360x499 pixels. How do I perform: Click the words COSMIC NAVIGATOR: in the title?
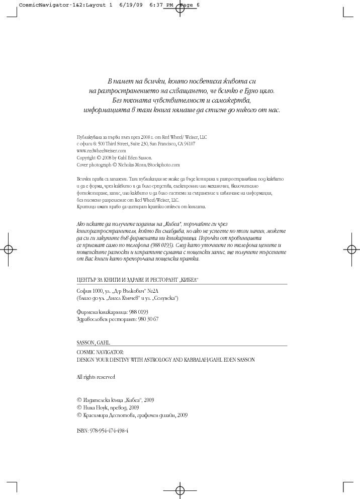pos(100,353)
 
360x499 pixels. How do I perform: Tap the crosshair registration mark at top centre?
pos(180,9)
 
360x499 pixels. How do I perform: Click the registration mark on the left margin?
pos(9,249)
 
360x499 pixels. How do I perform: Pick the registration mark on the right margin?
pos(351,249)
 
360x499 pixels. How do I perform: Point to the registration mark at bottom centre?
pos(180,490)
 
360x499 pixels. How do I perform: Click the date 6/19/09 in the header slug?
pos(128,5)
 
